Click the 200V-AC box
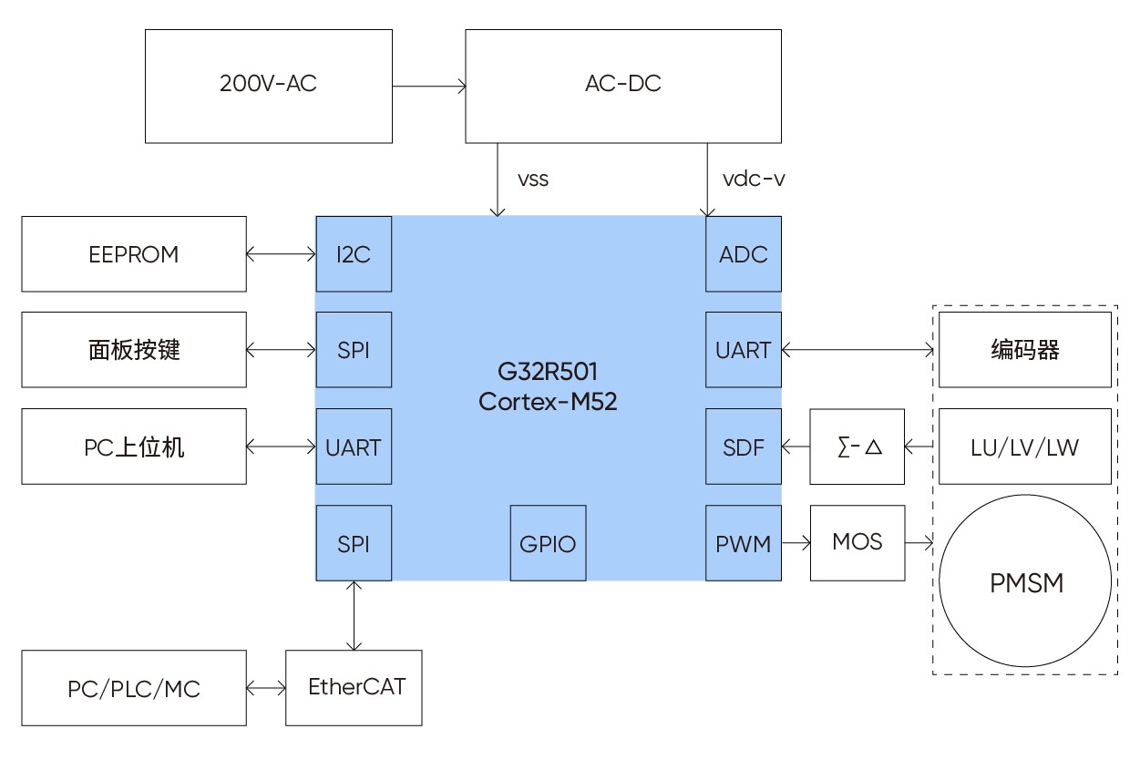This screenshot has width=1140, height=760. pos(269,86)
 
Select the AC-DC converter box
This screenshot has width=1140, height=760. pos(623,86)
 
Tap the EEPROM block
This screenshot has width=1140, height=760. pos(134,254)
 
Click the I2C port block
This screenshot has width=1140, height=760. pos(354,254)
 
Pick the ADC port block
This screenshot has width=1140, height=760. pos(744,254)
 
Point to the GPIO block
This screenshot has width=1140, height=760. pos(548,543)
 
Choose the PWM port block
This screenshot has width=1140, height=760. pos(744,543)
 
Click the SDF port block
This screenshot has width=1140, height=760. pos(744,447)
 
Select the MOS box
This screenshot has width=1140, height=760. pos(858,543)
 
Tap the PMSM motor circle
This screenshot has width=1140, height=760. pos(1026,582)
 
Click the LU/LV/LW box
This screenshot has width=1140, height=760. pos(1025,447)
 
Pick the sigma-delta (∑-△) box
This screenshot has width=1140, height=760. pos(858,447)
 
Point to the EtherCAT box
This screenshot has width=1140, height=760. pos(354,687)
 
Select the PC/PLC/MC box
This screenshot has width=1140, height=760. pos(134,688)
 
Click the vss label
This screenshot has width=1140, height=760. pos(532,179)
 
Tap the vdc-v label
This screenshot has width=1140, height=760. pos(754,179)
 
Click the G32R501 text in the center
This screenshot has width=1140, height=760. pos(548,373)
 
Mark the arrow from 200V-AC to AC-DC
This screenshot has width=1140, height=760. pos(429,87)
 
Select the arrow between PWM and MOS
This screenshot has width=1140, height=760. pos(796,544)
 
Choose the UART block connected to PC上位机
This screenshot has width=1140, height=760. pos(354,447)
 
